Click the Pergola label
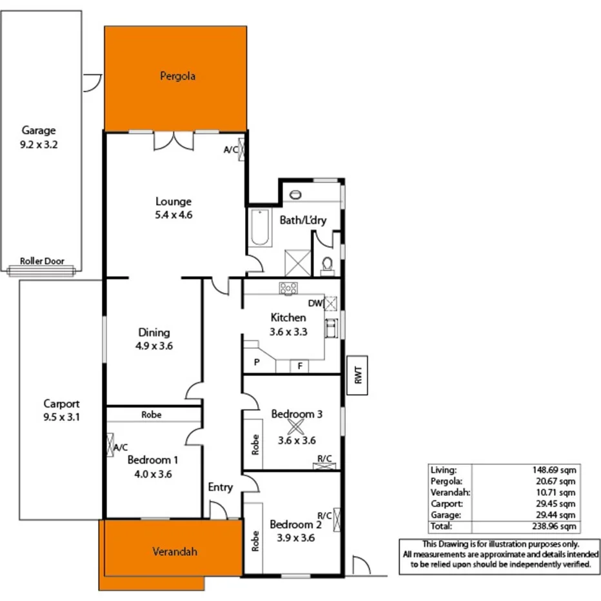pos(177,76)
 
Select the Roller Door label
pos(42,261)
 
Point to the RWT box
pos(359,375)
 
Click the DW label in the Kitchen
pos(315,303)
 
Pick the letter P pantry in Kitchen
pos(257,362)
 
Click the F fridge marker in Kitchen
pos(300,366)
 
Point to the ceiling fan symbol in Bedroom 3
pos(295,426)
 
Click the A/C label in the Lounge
pos(230,150)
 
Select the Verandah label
pos(174,551)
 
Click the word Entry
pos(220,488)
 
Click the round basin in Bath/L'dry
pos(296,194)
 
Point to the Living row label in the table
pos(443,470)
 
